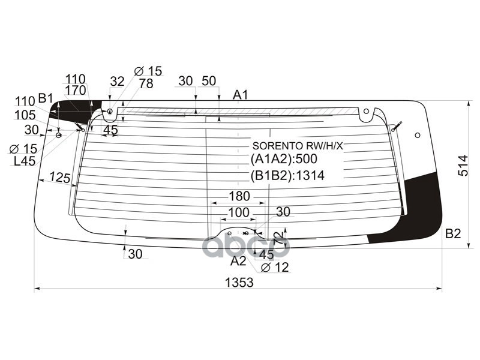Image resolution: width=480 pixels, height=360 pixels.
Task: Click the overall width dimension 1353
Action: click(239, 282)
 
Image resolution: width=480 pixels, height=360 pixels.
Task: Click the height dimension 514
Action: click(463, 165)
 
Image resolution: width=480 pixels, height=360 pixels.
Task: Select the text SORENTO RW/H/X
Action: click(297, 146)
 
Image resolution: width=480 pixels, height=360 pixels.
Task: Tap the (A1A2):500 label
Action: click(283, 160)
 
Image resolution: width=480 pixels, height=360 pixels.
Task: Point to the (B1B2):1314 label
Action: click(287, 176)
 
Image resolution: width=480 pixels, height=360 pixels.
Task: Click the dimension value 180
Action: click(239, 196)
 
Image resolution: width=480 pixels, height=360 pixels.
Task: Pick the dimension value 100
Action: click(238, 212)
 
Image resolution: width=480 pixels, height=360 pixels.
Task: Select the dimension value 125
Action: click(60, 178)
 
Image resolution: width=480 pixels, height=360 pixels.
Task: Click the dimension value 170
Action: click(76, 91)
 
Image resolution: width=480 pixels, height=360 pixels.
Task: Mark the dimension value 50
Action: click(208, 81)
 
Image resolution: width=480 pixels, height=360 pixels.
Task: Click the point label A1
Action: click(241, 94)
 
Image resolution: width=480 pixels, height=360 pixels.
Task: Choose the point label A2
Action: click(238, 261)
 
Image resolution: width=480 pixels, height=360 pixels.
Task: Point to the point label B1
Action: click(46, 98)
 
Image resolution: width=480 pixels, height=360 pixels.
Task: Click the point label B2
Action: click(453, 234)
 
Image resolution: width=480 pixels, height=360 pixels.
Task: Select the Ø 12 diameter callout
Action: click(275, 268)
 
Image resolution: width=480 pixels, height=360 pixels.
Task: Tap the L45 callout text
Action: click(23, 161)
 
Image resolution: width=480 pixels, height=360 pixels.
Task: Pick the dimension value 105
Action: click(25, 115)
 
